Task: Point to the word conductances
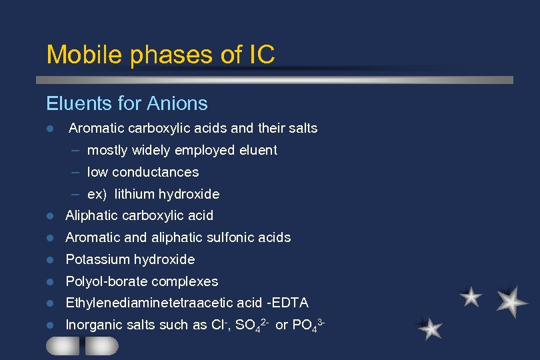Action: (155, 172)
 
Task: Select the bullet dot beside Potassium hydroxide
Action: (50, 259)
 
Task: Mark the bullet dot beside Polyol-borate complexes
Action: (50, 281)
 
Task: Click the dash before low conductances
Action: (76, 172)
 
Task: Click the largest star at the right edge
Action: (512, 301)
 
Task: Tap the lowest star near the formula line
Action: (431, 328)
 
